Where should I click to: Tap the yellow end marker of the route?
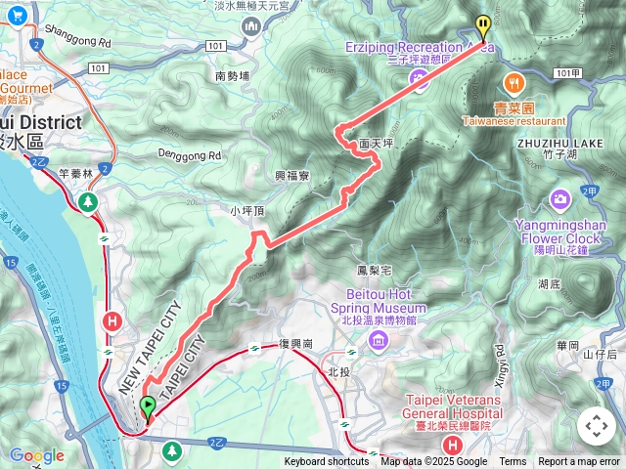click(x=482, y=25)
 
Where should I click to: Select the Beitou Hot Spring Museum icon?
click(x=379, y=339)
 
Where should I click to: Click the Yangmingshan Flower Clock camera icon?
click(x=560, y=199)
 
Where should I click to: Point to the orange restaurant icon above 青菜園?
click(x=512, y=81)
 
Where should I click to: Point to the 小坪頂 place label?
click(x=247, y=210)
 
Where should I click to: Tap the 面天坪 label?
click(x=376, y=143)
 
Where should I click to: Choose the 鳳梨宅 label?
click(x=375, y=269)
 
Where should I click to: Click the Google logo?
click(x=37, y=455)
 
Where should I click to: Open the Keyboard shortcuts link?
click(x=327, y=462)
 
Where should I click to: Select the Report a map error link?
click(x=579, y=462)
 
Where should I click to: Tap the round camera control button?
click(x=597, y=426)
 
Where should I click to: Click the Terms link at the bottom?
click(x=513, y=462)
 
